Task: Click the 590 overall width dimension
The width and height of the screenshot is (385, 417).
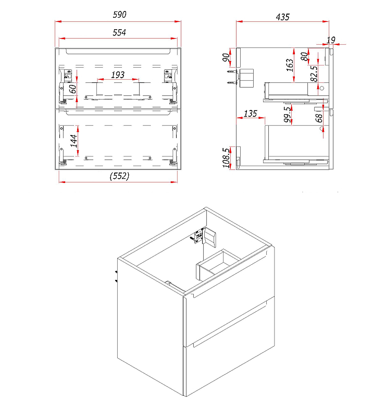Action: click(119, 15)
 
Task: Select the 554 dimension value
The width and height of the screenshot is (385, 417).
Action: click(119, 32)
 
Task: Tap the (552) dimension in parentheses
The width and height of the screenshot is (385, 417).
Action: click(119, 176)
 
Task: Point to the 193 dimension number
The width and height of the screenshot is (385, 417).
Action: click(118, 75)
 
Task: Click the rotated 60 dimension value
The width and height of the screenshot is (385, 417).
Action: click(72, 89)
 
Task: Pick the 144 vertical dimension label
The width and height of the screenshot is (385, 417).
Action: click(73, 141)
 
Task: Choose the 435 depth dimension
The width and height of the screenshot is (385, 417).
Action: click(282, 17)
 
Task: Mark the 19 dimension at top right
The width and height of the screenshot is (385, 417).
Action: click(331, 40)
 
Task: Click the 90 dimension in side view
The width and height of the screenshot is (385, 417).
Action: click(226, 57)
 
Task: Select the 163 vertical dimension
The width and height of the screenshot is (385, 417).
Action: click(290, 65)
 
